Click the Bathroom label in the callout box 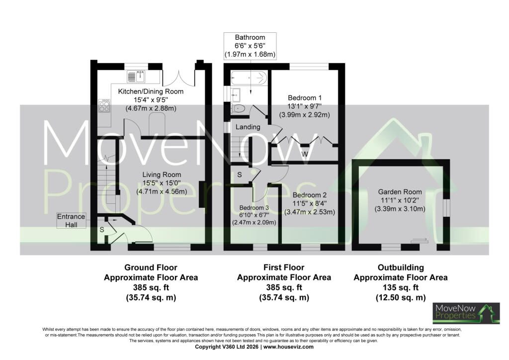click(250, 37)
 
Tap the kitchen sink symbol click(136, 77)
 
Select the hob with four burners click(104, 106)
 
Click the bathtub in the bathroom click(249, 78)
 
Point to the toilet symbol click(238, 108)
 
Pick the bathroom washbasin click(236, 94)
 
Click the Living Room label click(162, 175)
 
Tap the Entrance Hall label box click(72, 220)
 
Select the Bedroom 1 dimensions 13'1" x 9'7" click(305, 106)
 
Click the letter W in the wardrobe click(305, 154)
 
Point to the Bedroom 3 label click(254, 208)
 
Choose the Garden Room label click(400, 192)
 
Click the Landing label click(248, 127)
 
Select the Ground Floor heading click(151, 268)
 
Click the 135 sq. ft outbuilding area click(401, 287)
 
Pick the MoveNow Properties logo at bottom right click(466, 313)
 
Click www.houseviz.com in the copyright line click(289, 347)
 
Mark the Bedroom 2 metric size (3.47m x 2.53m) click(310, 212)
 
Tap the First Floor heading click(284, 268)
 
